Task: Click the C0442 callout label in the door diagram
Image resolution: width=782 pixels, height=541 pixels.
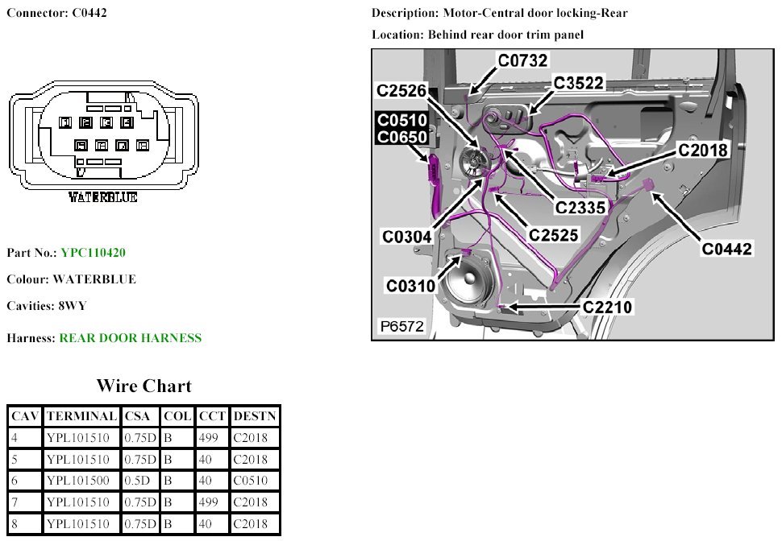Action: point(726,249)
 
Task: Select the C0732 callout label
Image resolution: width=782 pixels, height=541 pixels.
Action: point(523,60)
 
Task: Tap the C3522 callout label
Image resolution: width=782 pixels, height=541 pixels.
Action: point(579,84)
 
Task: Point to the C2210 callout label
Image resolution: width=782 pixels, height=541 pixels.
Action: point(607,307)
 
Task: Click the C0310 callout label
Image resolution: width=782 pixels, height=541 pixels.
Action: point(410,286)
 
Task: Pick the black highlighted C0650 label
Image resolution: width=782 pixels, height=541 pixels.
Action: point(402,137)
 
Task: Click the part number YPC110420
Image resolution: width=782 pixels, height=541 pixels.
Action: point(93,253)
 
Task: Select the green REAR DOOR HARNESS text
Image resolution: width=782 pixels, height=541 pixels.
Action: point(131,338)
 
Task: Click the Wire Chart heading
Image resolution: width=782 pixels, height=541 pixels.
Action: point(144,385)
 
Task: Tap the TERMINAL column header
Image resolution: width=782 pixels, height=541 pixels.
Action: point(81,416)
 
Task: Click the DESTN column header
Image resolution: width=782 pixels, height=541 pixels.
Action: point(254,416)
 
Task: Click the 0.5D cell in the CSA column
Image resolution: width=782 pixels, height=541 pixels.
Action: point(138,481)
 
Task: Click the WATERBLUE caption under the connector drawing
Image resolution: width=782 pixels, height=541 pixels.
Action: point(102,197)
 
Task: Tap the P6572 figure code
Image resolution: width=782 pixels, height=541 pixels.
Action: point(401,327)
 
